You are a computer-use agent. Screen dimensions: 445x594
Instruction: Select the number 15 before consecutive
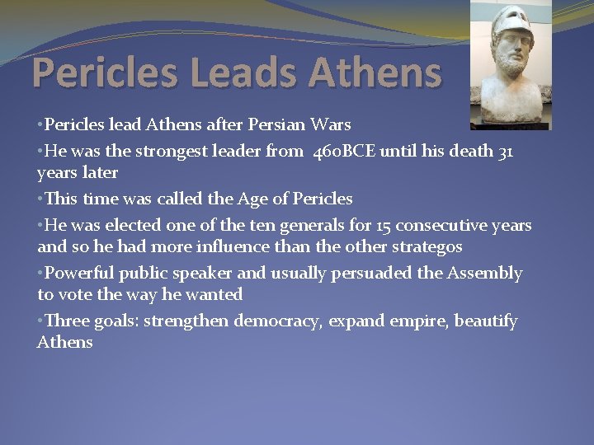tap(384, 225)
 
